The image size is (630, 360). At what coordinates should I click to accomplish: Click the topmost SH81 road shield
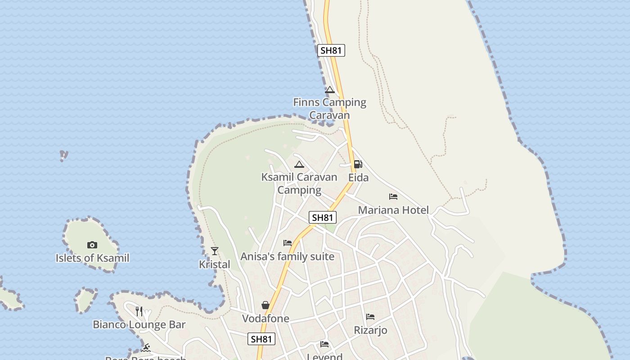(331, 50)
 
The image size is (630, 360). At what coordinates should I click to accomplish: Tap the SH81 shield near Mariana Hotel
(323, 218)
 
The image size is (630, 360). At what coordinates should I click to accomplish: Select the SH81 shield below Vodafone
(261, 339)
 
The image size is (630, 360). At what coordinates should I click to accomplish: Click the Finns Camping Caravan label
(329, 108)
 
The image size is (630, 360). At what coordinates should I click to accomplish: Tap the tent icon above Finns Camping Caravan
(330, 90)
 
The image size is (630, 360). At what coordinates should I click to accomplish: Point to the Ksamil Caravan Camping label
(299, 183)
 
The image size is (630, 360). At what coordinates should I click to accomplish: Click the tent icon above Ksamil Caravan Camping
(299, 165)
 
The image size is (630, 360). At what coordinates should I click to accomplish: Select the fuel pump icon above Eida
(358, 164)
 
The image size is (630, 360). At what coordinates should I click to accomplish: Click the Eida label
(358, 178)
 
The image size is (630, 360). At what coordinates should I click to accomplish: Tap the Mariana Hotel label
(393, 210)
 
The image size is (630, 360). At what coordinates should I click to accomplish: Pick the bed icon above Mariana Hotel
(393, 197)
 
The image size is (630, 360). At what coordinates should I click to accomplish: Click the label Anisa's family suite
(288, 256)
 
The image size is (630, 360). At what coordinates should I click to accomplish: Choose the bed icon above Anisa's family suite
(288, 243)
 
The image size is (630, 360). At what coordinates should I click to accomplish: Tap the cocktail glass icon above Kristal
(215, 251)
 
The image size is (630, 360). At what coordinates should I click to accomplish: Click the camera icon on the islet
(92, 245)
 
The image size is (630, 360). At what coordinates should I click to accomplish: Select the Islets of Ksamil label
(92, 258)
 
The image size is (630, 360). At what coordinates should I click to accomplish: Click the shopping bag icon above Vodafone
(265, 305)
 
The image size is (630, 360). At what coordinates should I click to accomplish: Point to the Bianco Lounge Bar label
(139, 324)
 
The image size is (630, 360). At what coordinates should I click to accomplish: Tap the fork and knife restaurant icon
(139, 311)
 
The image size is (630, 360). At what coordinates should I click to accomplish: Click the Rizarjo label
(370, 330)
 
